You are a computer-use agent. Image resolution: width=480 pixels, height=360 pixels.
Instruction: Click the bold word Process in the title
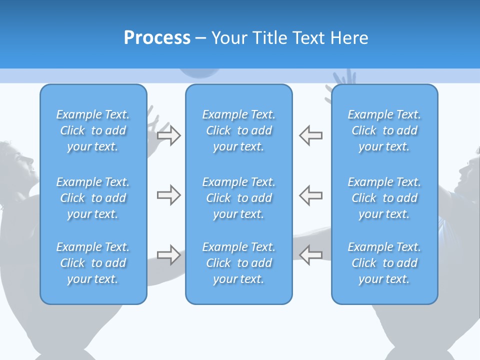tap(157, 38)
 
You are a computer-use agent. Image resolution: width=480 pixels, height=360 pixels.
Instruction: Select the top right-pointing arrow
tap(168, 135)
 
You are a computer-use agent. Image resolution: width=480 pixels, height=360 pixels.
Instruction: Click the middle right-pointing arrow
tap(168, 195)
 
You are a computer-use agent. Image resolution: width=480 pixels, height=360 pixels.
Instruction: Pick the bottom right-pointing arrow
tap(168, 255)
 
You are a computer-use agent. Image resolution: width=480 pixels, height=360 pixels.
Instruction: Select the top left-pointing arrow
tap(311, 135)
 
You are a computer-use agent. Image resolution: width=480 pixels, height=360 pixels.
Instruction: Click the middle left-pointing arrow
tap(311, 195)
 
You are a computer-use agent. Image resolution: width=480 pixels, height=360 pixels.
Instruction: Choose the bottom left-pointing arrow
tap(311, 255)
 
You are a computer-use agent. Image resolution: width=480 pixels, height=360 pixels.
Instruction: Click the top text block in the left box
tap(93, 130)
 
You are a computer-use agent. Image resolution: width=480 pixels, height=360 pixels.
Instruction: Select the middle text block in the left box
tap(93, 198)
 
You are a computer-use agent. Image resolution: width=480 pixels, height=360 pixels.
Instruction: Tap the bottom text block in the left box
tap(93, 263)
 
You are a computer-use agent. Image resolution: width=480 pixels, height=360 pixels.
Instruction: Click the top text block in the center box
tap(239, 130)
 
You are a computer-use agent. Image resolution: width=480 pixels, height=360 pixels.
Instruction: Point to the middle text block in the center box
tap(239, 198)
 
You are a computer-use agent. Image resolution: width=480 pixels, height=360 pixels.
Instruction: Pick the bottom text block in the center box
tap(239, 263)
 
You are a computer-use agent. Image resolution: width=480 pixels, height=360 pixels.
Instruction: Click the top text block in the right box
tap(384, 130)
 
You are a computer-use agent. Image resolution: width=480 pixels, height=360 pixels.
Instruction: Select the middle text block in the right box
tap(384, 198)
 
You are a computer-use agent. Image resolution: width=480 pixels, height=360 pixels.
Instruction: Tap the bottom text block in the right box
tap(384, 263)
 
